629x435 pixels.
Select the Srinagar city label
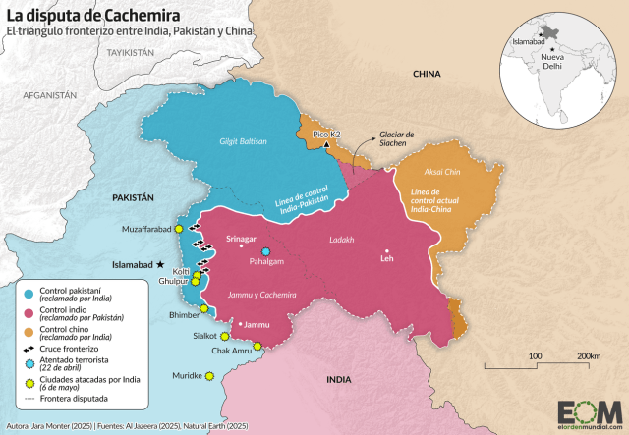pyautogui.click(x=241, y=239)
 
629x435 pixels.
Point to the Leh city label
pyautogui.click(x=386, y=260)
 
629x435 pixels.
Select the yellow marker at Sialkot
pyautogui.click(x=224, y=335)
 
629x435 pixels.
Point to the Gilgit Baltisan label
pyautogui.click(x=242, y=141)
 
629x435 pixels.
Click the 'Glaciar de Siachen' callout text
pyautogui.click(x=398, y=137)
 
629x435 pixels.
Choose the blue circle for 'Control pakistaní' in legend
pyautogui.click(x=30, y=293)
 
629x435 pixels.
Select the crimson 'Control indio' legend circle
pyautogui.click(x=30, y=312)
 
